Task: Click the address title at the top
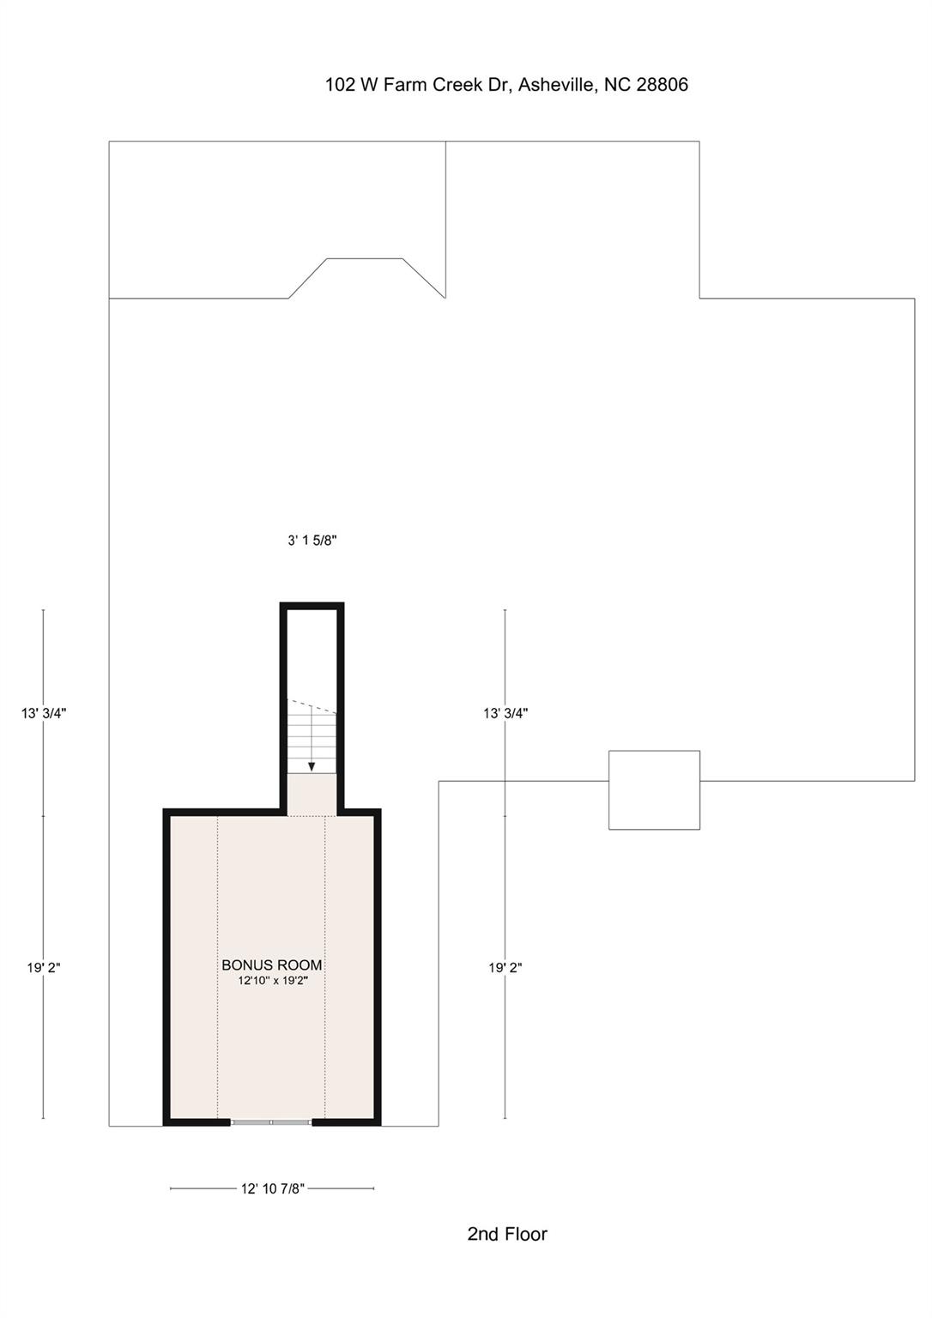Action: pos(506,85)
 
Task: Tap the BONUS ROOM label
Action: pos(272,965)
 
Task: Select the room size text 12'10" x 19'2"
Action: pos(273,981)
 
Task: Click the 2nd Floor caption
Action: pos(507,1234)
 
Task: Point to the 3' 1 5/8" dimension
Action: pos(312,541)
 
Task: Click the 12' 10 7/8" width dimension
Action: pos(272,1188)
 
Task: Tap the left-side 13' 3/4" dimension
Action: pos(44,712)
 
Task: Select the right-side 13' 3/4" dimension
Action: pos(505,712)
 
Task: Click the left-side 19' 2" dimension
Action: pos(44,967)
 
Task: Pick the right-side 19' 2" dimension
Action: pos(505,967)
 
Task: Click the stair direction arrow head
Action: pos(312,766)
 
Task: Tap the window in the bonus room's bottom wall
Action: pos(271,1122)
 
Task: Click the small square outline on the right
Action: pos(654,790)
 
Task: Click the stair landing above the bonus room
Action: pos(312,795)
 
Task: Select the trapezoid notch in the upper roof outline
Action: pos(365,276)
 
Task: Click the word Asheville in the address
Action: pos(557,85)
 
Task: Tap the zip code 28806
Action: pos(662,85)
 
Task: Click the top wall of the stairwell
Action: pos(312,606)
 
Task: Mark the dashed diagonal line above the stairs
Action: pos(313,705)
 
